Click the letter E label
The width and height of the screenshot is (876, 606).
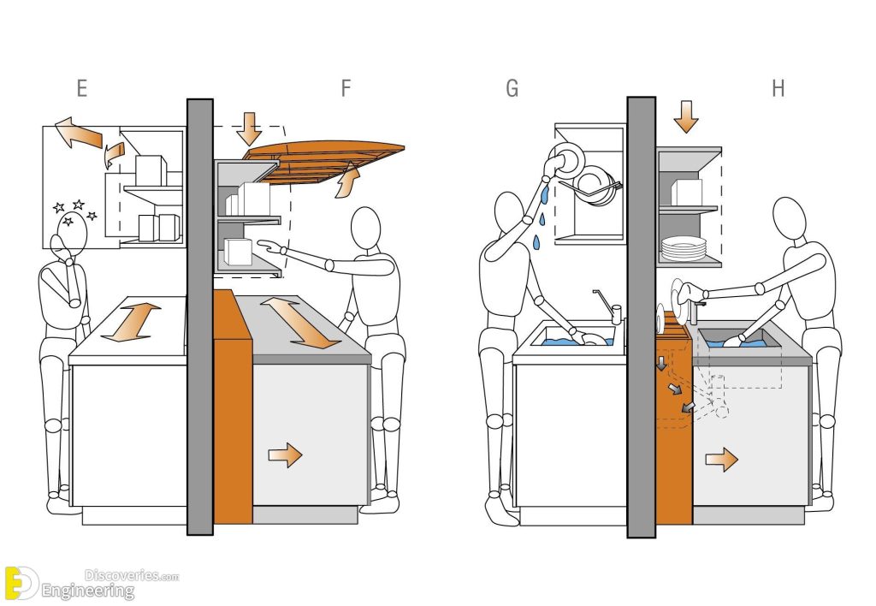pos(82,88)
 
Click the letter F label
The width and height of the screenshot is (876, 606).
pos(346,88)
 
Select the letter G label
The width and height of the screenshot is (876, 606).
pos(512,88)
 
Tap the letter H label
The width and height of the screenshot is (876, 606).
pos(778,88)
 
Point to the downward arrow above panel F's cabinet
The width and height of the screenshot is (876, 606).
pos(249,127)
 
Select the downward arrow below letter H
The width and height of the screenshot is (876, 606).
pos(685,116)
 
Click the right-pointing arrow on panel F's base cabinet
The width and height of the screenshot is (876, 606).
pos(286,455)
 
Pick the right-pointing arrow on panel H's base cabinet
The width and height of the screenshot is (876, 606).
pos(721,461)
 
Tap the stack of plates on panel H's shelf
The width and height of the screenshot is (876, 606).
pos(684,249)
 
